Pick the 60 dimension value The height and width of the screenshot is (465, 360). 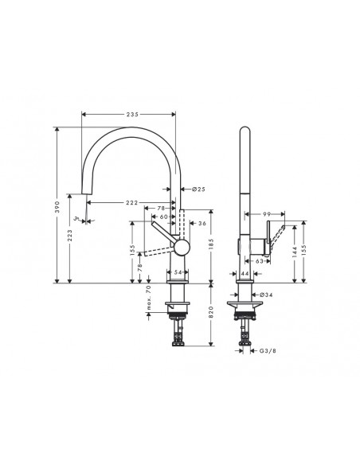(x=162, y=216)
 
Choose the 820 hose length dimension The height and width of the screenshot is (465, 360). (x=211, y=314)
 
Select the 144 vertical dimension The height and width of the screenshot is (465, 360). (x=295, y=254)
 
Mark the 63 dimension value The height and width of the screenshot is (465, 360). (x=260, y=260)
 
